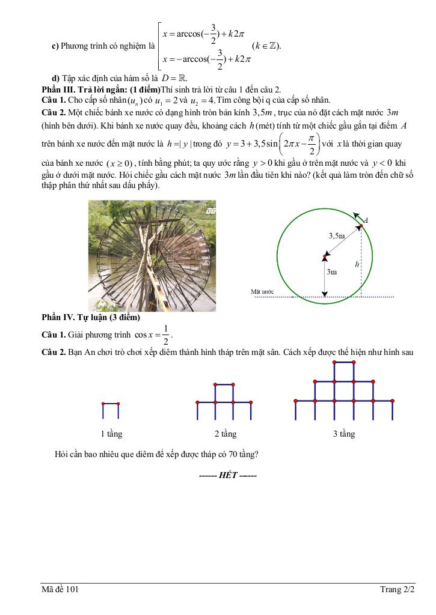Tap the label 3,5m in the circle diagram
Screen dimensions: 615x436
[337, 236]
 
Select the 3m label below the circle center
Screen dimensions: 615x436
[331, 271]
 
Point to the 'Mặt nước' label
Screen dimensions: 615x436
[262, 292]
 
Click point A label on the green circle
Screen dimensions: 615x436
[366, 220]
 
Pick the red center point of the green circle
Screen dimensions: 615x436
[325, 256]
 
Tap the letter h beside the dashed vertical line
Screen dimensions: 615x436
[357, 264]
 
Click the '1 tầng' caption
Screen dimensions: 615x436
[111, 434]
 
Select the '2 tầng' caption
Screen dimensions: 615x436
[226, 434]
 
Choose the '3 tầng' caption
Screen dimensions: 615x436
[344, 434]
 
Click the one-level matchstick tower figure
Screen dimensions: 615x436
[111, 410]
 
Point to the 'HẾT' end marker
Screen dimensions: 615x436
[228, 475]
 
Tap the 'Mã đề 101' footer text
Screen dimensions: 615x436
[60, 590]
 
